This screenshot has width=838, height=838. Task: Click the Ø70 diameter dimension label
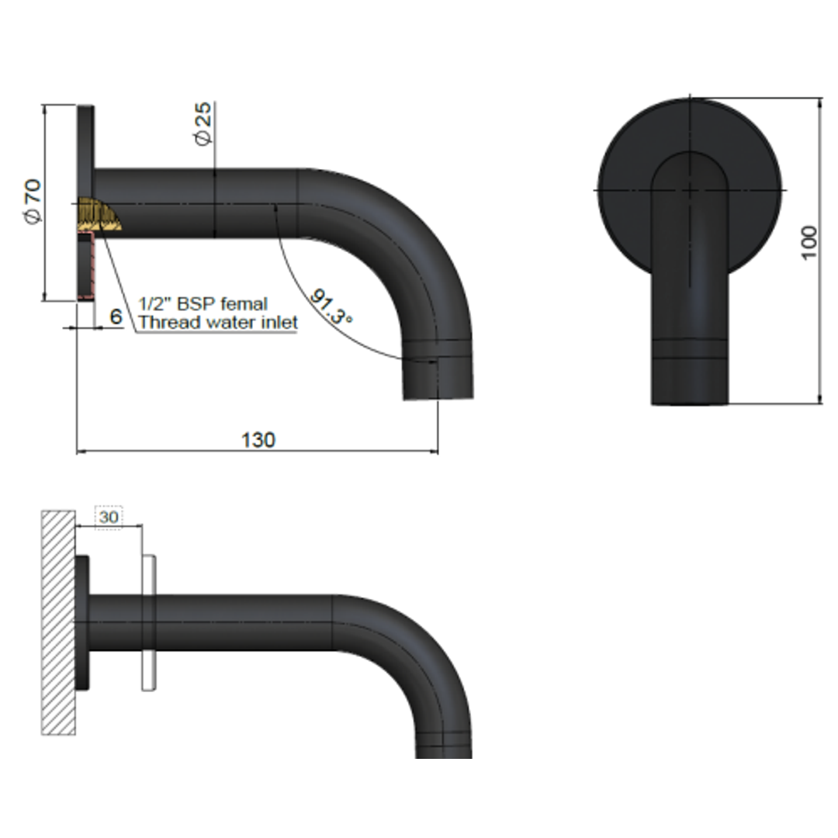point(33,202)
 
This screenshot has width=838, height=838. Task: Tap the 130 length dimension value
point(258,440)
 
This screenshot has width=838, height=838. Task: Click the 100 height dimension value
point(809,243)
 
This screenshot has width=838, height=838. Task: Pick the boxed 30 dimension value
point(109,517)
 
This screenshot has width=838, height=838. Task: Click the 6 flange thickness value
point(116,317)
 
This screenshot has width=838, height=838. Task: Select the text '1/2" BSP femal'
point(203,303)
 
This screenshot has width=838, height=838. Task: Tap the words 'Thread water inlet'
point(217,322)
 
